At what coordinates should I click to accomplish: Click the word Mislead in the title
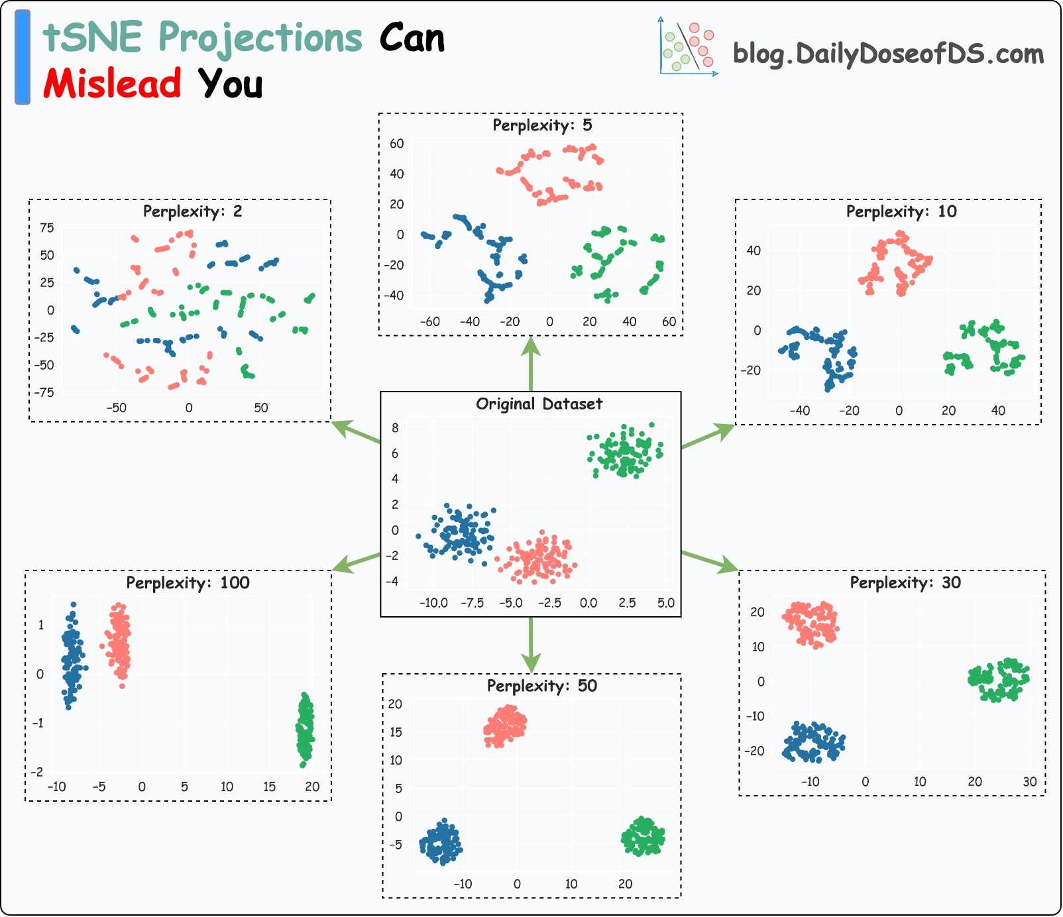point(112,84)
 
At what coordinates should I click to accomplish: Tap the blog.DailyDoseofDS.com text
point(887,54)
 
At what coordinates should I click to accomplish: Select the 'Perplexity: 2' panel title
point(192,211)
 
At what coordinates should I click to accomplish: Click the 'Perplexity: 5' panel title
point(541,125)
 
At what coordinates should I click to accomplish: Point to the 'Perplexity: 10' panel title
point(901,211)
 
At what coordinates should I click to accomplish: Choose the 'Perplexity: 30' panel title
point(905,582)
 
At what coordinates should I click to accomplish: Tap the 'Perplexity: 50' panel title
point(541,686)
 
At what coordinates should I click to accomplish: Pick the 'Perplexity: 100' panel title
point(188,583)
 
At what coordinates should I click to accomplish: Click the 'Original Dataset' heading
point(539,404)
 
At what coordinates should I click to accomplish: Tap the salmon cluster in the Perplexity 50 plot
point(505,726)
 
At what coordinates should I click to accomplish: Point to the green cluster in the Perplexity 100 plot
point(305,729)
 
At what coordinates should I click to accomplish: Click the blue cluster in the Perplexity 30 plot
point(813,743)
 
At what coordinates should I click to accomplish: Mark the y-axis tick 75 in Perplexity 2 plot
point(47,228)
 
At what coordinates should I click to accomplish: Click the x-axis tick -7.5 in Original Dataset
point(472,603)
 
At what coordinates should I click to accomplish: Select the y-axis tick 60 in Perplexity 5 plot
point(396,144)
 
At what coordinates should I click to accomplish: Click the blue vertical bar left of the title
point(23,57)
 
